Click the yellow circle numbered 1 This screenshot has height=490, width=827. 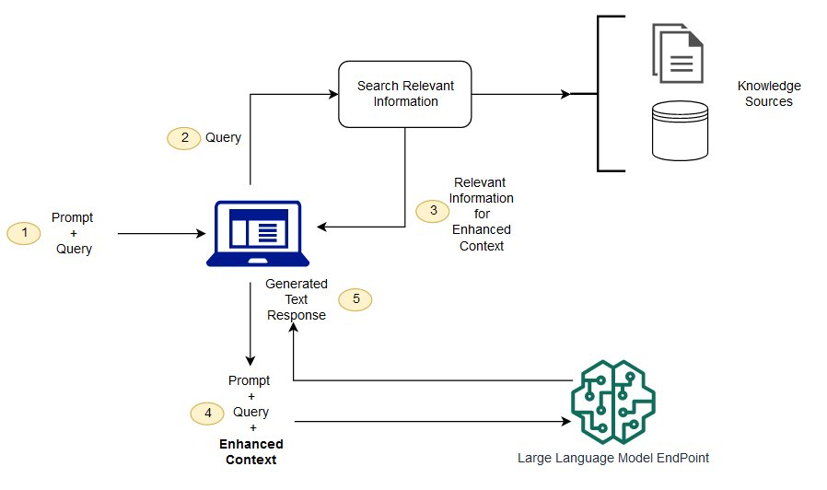24,234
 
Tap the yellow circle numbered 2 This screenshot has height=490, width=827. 183,137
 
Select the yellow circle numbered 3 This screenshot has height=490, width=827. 433,211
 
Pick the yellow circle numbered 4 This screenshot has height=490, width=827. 207,414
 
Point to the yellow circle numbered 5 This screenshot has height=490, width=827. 355,299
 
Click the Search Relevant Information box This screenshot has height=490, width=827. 405,94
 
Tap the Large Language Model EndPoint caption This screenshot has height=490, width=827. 613,457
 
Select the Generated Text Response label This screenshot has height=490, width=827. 297,299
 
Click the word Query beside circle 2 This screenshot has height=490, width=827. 223,137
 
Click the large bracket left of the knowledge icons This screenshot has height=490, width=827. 600,93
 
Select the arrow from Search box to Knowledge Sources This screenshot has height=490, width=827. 520,94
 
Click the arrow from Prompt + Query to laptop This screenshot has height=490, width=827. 161,234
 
